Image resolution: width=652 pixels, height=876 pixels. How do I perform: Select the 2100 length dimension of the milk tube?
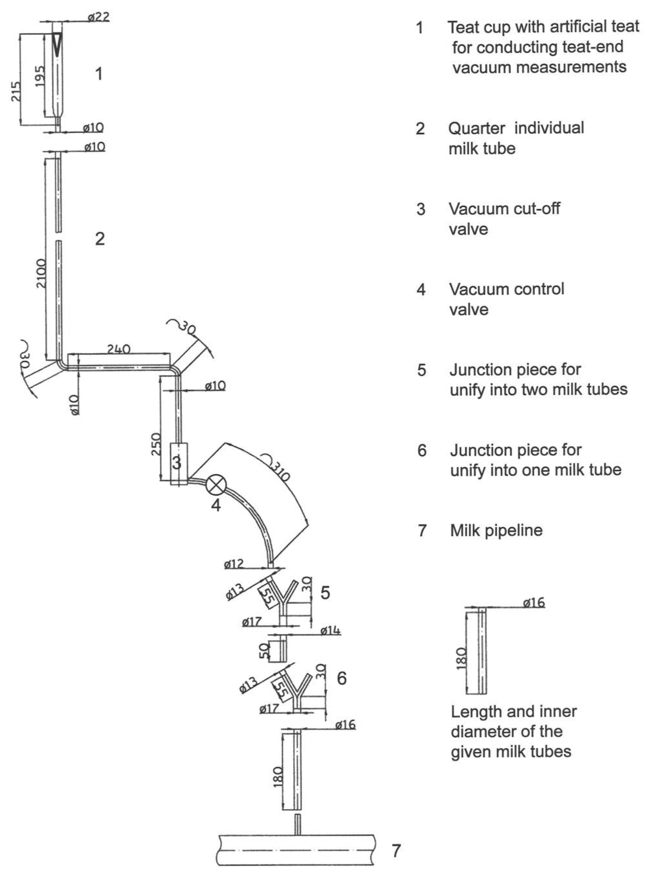coord(41,273)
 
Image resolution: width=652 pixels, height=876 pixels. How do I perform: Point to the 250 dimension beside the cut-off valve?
coord(156,444)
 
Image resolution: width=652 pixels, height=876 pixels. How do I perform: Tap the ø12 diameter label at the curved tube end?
coord(234,564)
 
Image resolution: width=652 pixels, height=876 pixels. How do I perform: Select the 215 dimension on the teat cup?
coord(16,92)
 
